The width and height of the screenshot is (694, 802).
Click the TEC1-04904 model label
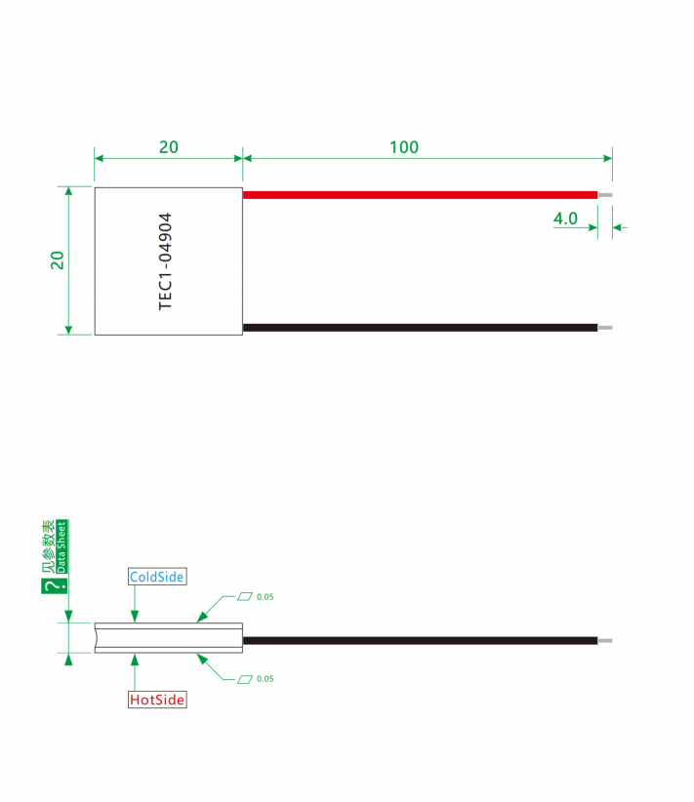[x=165, y=261]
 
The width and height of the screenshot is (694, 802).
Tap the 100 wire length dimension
[x=404, y=147]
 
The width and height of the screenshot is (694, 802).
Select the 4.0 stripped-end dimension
[x=565, y=219]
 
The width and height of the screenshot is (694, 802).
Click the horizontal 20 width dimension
[x=169, y=147]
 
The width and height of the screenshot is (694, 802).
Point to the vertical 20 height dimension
[x=58, y=261]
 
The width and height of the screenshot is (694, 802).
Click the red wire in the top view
[x=420, y=195]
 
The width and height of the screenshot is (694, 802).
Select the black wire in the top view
[x=420, y=328]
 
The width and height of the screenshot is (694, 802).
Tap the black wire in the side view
[x=420, y=640]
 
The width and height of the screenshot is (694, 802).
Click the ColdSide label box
[x=157, y=577]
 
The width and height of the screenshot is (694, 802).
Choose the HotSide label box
[x=157, y=700]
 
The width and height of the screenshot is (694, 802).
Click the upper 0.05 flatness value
[x=265, y=597]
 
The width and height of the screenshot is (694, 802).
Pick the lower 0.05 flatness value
[x=265, y=679]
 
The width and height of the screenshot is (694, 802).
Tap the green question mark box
[x=55, y=586]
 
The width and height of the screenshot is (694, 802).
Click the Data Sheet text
[x=61, y=546]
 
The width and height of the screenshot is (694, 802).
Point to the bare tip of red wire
[x=605, y=195]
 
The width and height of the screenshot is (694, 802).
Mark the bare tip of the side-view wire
[x=605, y=640]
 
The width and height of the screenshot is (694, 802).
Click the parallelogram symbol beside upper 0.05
[x=245, y=596]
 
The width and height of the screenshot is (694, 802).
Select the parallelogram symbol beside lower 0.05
[x=245, y=679]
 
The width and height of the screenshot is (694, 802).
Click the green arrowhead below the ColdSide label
[x=135, y=616]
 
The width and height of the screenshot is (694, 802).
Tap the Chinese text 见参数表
[x=49, y=546]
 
